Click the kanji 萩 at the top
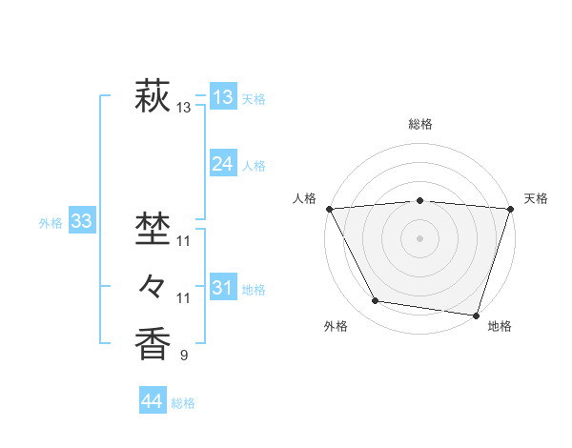153,97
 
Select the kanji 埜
153,230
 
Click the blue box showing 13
222,97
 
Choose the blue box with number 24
222,164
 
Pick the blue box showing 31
222,287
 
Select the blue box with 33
81,222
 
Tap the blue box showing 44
152,400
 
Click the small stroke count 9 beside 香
184,356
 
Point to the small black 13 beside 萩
184,109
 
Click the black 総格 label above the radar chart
419,124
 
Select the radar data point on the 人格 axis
329,208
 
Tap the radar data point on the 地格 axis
476,315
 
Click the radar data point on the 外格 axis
376,301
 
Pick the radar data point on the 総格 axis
419,200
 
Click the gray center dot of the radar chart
419,237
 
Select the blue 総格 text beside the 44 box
183,403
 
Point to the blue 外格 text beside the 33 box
51,223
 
